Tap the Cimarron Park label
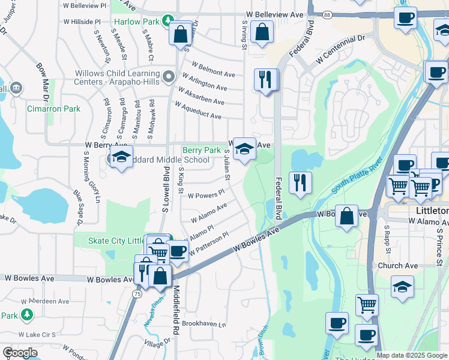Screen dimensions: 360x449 point(53,109)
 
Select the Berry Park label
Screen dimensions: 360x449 point(202,150)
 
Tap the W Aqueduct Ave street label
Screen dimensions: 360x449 point(199,110)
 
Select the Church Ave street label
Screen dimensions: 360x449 point(397,266)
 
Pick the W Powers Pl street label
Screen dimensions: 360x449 point(206,194)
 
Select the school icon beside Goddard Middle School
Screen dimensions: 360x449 point(121,157)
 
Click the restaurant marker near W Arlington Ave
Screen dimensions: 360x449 point(265,79)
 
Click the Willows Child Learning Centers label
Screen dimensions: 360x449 point(118,77)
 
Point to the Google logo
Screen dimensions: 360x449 point(20,353)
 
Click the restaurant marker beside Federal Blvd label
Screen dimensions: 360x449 point(300,182)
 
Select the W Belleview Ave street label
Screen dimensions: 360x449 point(275,14)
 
